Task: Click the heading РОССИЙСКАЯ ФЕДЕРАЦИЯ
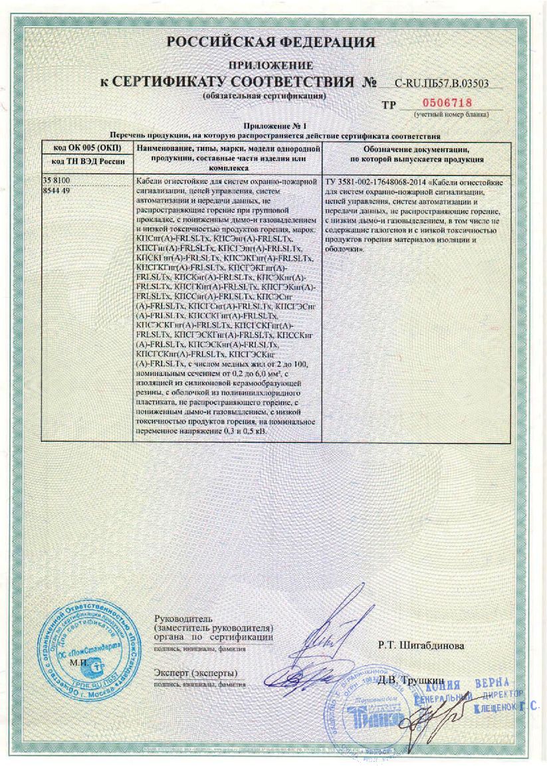[271, 43]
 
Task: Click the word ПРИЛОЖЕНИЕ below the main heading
[271, 66]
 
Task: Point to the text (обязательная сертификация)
[265, 96]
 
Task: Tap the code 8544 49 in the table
[56, 190]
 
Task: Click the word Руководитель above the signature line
[173, 619]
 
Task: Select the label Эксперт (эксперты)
[195, 673]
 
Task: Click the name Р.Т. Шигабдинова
[421, 644]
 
